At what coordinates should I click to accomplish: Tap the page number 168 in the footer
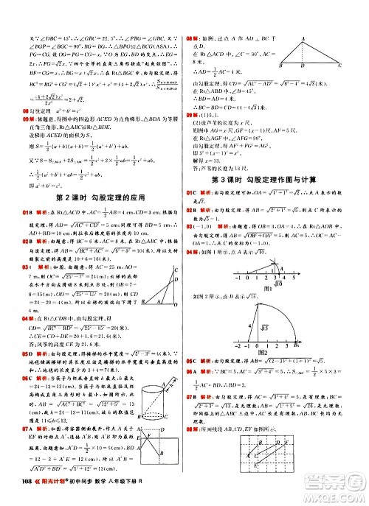(17, 493)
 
